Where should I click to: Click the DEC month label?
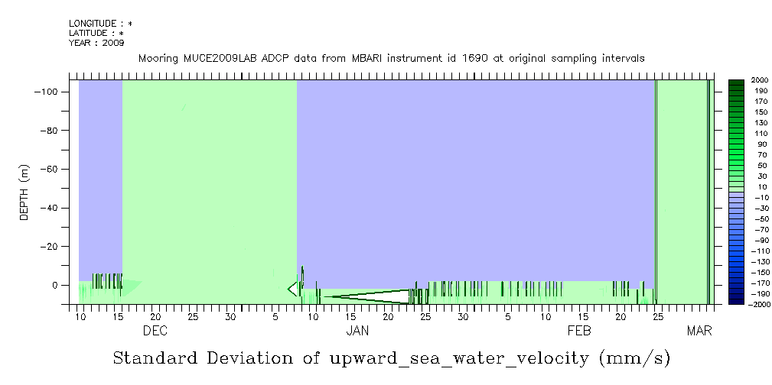click(x=155, y=331)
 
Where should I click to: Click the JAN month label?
click(x=357, y=331)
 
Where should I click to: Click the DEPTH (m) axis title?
click(x=24, y=192)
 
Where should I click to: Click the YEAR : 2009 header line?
click(x=90, y=43)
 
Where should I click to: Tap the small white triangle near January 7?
click(x=292, y=288)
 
